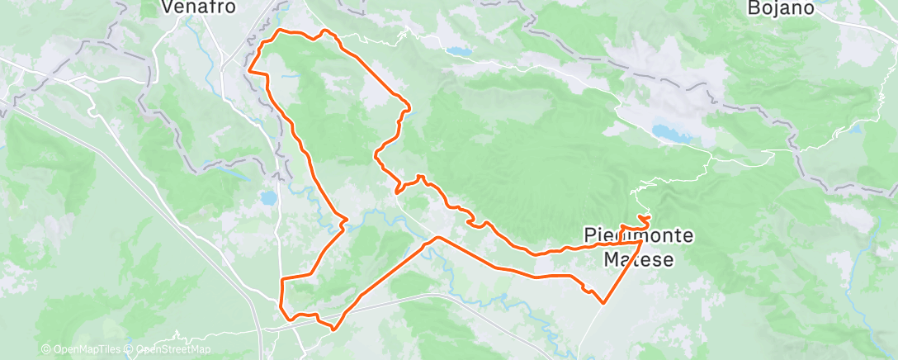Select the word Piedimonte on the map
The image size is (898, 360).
coord(638,236)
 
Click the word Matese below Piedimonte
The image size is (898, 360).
coord(638,259)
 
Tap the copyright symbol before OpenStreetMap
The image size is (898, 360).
coord(130,349)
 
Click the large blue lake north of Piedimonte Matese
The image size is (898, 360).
coord(671,132)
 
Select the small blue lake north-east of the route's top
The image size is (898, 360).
coord(459,52)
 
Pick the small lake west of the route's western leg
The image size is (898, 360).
coord(268,199)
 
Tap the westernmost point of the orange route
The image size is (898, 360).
coord(248,70)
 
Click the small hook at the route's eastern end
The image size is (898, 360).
coord(646,218)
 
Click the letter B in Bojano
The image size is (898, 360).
coord(753,7)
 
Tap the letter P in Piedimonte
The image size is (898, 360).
coord(589,236)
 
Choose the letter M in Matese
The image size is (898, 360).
coord(611,259)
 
